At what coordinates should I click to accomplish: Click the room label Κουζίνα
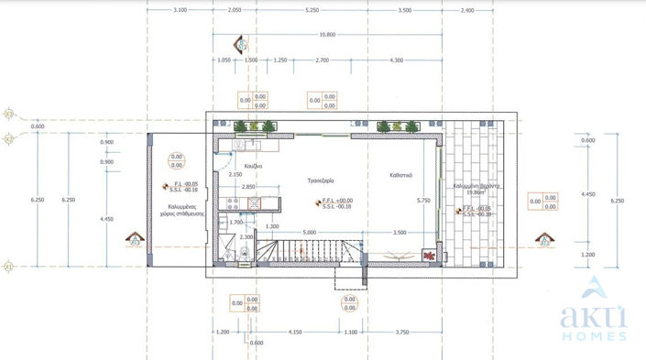click(x=252, y=167)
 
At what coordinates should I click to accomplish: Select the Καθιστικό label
click(x=399, y=174)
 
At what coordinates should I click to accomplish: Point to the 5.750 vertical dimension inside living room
click(x=423, y=200)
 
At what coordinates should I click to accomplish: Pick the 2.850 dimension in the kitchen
click(x=248, y=188)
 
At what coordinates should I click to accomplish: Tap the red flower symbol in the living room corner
click(x=427, y=255)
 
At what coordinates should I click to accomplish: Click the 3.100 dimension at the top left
click(x=180, y=10)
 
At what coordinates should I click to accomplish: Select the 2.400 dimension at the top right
click(x=467, y=10)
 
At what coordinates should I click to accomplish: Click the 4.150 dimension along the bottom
click(x=294, y=332)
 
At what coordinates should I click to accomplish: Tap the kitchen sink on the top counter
click(x=236, y=144)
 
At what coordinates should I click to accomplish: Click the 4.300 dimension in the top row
click(x=396, y=60)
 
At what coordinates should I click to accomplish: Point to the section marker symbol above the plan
click(x=241, y=42)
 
